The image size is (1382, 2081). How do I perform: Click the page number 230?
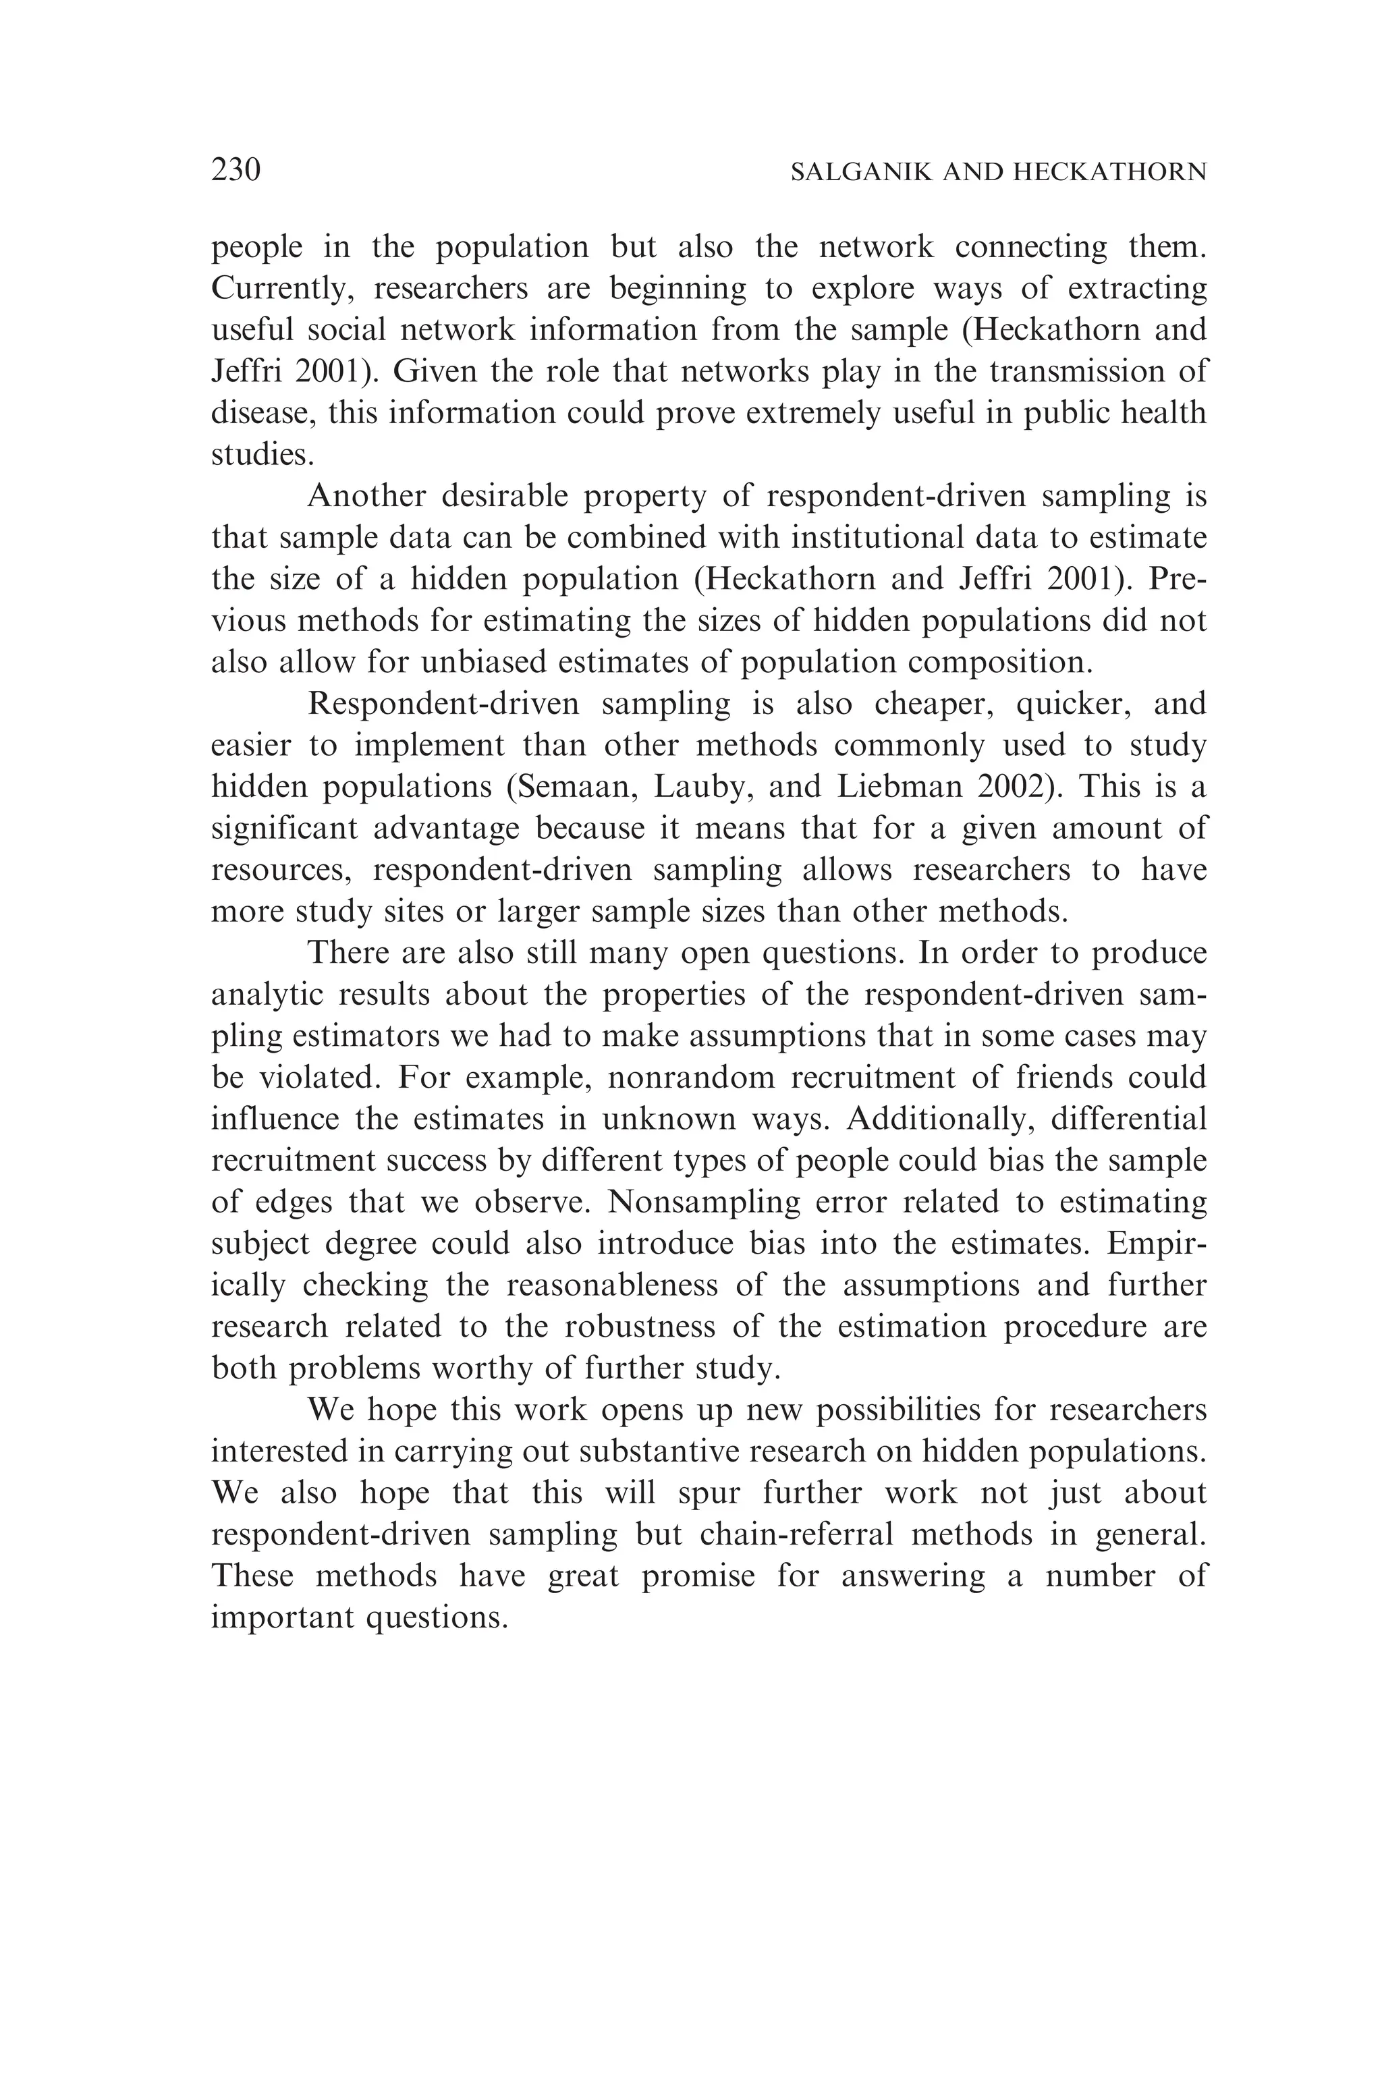[x=236, y=169]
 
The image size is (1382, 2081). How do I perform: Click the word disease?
[x=259, y=414]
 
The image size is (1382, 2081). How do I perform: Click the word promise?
[x=698, y=1577]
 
